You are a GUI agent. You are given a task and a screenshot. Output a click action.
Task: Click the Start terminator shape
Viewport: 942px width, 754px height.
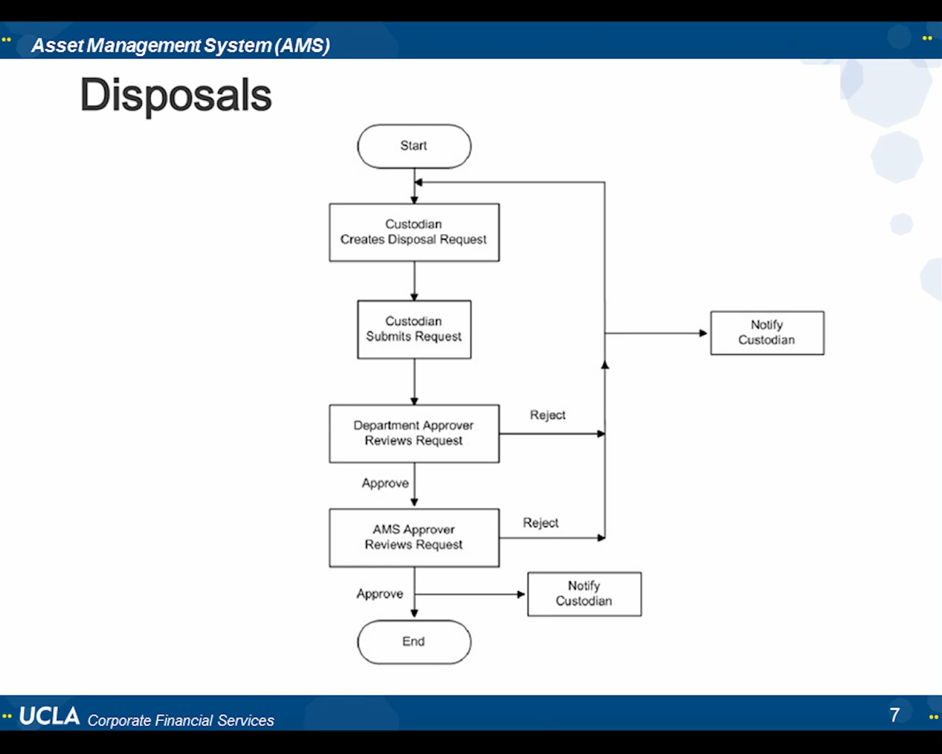(414, 146)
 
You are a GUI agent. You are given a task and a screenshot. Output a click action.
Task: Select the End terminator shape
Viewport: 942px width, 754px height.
(414, 642)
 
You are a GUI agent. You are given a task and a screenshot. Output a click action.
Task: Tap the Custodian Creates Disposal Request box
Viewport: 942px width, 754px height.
(414, 232)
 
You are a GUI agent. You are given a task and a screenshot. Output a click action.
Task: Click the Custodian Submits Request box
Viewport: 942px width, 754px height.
(414, 329)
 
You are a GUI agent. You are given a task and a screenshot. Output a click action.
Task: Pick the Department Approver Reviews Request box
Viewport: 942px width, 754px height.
(414, 433)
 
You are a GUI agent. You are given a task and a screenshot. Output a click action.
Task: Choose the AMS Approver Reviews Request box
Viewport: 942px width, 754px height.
(414, 538)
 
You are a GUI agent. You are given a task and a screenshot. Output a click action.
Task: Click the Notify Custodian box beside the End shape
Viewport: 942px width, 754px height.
(584, 594)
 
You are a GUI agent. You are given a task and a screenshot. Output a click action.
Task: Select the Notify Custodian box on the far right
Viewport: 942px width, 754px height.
(767, 333)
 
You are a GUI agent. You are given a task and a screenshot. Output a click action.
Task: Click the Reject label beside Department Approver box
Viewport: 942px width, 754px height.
(548, 415)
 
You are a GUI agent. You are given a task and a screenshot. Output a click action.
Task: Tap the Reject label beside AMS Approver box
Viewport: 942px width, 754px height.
(540, 523)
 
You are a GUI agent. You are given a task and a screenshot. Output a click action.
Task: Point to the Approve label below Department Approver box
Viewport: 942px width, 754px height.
(385, 484)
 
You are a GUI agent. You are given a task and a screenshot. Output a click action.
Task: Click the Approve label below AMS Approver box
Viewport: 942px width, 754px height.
(380, 594)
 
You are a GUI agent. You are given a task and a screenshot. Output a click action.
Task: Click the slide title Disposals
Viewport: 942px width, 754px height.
(175, 95)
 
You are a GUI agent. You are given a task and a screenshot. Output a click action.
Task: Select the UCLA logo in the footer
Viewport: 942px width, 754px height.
(49, 716)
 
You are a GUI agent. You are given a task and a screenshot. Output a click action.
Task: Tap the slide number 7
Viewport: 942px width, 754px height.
(895, 716)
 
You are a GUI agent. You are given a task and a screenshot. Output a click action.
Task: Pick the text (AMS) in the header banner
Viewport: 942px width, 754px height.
(302, 46)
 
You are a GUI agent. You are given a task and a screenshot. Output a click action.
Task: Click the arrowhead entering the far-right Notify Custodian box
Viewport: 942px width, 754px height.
(703, 333)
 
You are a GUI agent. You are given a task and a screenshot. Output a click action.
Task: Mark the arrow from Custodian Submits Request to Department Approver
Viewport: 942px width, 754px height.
(414, 382)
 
